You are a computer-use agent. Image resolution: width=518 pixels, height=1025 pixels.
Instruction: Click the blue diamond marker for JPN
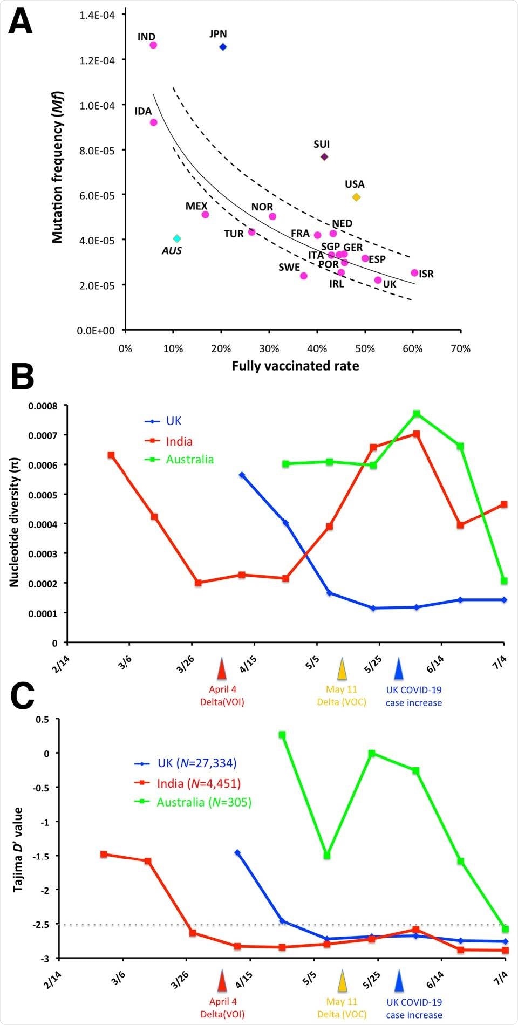click(x=223, y=47)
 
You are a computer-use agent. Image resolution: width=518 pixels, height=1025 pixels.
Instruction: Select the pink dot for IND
click(x=153, y=45)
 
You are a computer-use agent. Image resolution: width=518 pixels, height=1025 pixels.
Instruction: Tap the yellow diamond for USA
click(x=356, y=197)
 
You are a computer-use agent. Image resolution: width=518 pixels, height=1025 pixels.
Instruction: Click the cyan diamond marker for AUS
click(x=177, y=238)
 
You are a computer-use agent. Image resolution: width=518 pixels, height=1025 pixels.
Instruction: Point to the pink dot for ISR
click(x=414, y=272)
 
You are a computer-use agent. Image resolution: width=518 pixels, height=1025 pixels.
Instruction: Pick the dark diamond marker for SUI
click(x=324, y=156)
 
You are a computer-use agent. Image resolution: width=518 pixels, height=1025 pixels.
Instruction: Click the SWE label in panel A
click(x=289, y=267)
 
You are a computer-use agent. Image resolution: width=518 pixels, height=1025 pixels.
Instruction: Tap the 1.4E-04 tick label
click(x=97, y=15)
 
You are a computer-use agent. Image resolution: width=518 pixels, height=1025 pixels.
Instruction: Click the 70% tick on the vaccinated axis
click(x=460, y=348)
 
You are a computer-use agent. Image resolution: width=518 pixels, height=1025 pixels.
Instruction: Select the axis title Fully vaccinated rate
click(x=295, y=366)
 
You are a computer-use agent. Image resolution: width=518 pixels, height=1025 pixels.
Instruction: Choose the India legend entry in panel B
click(x=179, y=441)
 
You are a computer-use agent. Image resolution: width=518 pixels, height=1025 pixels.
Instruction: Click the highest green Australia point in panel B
click(x=417, y=414)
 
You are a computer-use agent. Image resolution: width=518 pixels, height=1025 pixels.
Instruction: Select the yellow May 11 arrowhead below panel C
click(x=342, y=981)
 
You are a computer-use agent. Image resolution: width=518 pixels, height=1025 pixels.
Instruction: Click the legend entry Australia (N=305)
click(x=204, y=802)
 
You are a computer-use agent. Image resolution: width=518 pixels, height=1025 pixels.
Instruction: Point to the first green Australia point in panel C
click(x=282, y=735)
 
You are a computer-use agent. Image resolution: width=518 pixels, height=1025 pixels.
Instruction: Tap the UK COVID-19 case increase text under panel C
click(x=414, y=1008)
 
